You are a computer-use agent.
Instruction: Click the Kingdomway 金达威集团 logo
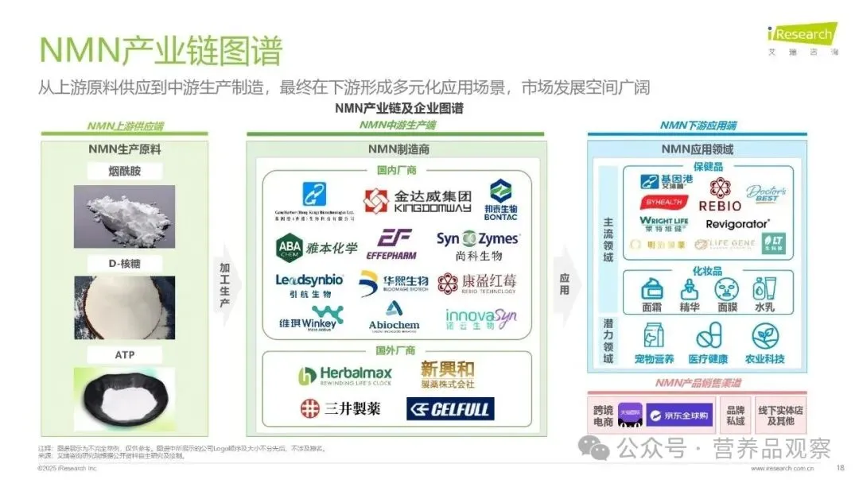pos(418,200)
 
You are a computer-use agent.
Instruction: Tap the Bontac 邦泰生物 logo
pos(500,199)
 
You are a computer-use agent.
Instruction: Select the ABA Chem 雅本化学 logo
pos(317,246)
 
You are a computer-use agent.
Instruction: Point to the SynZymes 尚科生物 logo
pos(477,245)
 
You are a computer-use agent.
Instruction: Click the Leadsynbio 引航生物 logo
pos(309,284)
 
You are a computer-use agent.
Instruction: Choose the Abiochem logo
pos(393,316)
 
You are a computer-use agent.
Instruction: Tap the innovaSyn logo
pos(480,319)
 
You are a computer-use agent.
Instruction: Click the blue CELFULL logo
pos(450,409)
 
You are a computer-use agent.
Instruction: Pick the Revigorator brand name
pos(737,224)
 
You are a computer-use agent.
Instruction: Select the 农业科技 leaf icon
pos(764,342)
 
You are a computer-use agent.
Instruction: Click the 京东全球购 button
pos(677,415)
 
